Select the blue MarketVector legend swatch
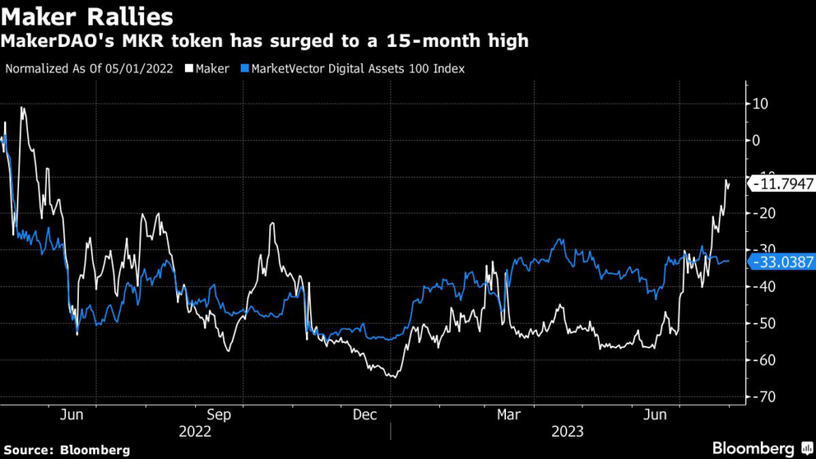(245, 69)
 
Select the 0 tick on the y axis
(758, 140)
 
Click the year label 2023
(567, 431)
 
